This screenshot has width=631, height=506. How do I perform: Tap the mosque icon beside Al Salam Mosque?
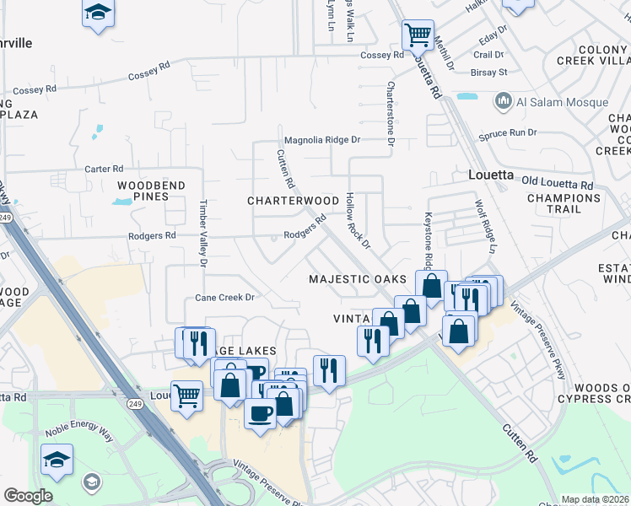[x=504, y=102]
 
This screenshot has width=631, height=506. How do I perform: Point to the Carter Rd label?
[x=105, y=170]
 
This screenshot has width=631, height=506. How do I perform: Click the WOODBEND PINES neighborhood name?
[x=143, y=190]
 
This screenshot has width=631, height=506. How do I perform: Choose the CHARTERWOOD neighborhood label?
[x=293, y=201]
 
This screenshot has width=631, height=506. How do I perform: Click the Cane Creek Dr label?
[x=224, y=298]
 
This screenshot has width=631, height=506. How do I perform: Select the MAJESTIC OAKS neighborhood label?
[x=358, y=278]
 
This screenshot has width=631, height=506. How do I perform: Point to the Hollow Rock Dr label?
[x=358, y=221]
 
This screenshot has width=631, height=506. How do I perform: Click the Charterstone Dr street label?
[x=391, y=113]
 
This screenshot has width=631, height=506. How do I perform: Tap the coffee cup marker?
[x=260, y=414]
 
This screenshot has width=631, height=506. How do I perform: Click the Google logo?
[x=28, y=496]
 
